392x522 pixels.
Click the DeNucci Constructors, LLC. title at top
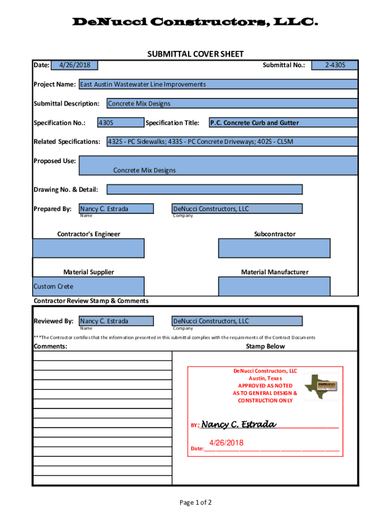coord(196,22)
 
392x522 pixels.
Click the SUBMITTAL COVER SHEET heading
coord(195,54)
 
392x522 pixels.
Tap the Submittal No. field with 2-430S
coord(335,65)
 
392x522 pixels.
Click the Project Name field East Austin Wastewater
coord(217,84)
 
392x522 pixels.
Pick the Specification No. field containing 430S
coord(121,122)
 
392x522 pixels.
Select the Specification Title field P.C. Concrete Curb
coord(283,122)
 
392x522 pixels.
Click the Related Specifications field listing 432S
coord(232,141)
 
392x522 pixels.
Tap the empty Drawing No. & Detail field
coord(204,190)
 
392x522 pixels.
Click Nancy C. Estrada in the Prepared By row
coord(116,208)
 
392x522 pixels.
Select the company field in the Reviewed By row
coord(237,321)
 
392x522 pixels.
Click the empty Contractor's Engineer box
coord(89,248)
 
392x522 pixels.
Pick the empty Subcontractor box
coord(274,248)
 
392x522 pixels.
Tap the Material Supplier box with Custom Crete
coord(89,286)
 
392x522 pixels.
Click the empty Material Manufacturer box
coord(274,286)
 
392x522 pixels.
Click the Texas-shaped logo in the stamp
coord(321,386)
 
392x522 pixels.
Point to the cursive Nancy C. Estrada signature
coord(239,425)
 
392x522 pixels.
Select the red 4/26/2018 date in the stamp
coord(226,443)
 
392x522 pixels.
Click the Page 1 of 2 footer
coord(195,503)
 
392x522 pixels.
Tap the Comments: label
coord(50,347)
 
